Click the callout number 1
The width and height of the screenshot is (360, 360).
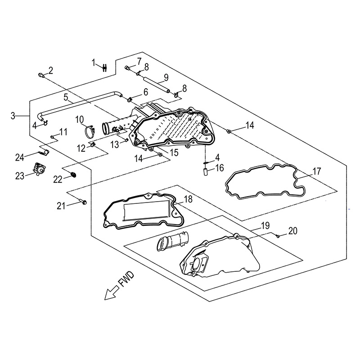coord(94,63)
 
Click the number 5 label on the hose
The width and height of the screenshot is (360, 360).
coord(66,97)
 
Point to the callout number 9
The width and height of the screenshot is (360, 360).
coord(153,76)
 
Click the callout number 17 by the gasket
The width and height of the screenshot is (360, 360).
coord(317,171)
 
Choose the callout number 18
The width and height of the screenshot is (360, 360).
coord(188,198)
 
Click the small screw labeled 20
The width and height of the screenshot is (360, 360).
coord(278,235)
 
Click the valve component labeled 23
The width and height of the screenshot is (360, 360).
coord(38,170)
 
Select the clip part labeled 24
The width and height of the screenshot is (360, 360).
coord(44,153)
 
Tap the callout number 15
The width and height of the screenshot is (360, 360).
coord(174,153)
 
